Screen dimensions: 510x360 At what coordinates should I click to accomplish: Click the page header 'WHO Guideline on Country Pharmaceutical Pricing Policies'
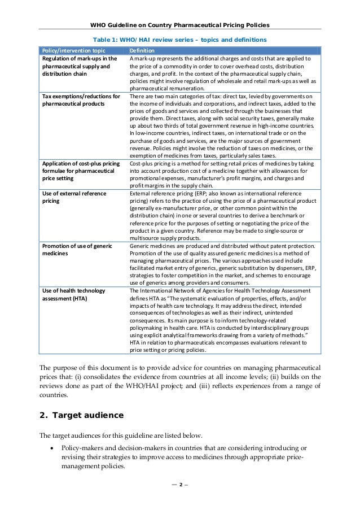(x=180, y=25)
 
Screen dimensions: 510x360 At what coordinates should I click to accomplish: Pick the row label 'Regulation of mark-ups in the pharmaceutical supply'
(x=80, y=66)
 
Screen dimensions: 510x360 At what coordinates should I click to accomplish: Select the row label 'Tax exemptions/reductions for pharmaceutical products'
(x=81, y=100)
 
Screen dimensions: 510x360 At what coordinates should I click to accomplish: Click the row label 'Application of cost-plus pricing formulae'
(x=81, y=171)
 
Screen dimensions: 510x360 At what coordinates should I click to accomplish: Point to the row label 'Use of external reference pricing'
(x=73, y=198)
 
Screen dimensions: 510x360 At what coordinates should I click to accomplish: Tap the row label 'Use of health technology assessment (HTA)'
(x=73, y=294)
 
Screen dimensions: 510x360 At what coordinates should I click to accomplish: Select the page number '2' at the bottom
(x=180, y=499)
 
